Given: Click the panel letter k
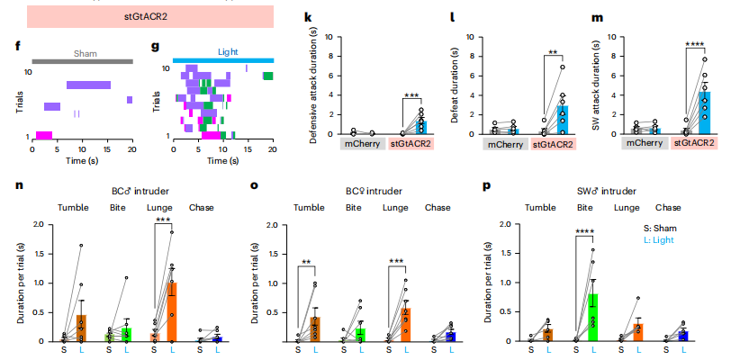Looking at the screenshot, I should coord(308,17).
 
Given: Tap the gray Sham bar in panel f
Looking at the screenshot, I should coord(83,60).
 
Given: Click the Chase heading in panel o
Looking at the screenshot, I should coord(438,207).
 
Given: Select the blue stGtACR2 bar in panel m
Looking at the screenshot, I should coord(704,112).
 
